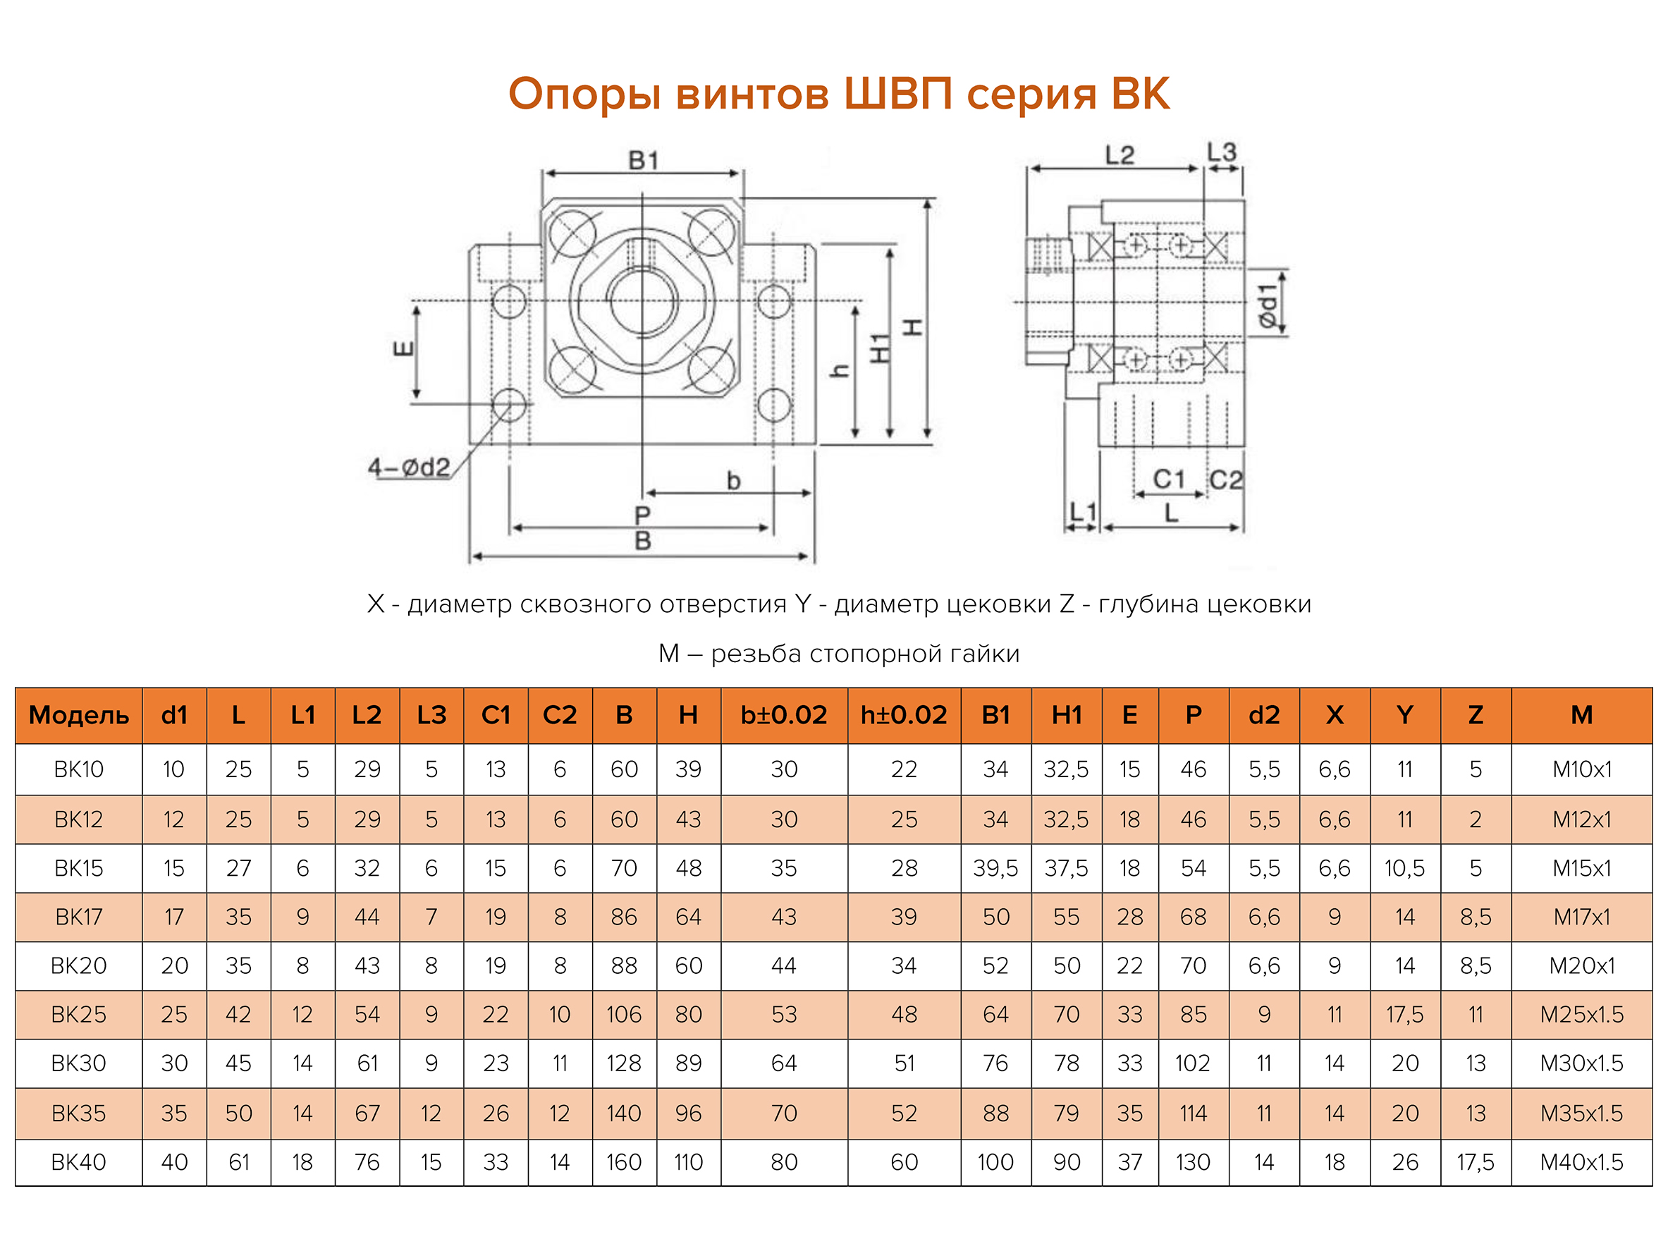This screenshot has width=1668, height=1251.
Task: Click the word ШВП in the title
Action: [897, 94]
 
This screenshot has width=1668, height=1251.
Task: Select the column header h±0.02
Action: [903, 715]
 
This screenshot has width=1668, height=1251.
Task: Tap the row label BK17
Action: [78, 917]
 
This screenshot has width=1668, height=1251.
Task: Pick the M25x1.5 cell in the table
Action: [1581, 1015]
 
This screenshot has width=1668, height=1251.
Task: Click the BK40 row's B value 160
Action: [624, 1162]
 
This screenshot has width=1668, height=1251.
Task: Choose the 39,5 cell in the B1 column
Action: [995, 869]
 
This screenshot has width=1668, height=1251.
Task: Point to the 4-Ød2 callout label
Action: [408, 468]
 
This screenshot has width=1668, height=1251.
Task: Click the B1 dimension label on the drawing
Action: [643, 160]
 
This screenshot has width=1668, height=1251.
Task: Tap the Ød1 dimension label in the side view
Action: [1269, 306]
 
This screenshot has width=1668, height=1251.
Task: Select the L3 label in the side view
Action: [1222, 152]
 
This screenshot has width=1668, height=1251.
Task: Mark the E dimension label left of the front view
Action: [404, 348]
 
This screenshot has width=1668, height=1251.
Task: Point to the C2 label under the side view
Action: [1225, 480]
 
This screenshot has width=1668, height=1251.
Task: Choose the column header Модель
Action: [78, 715]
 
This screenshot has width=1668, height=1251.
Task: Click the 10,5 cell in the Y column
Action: [1404, 869]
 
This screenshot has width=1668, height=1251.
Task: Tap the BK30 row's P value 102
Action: [1192, 1063]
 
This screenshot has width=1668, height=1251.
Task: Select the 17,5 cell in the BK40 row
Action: [1475, 1162]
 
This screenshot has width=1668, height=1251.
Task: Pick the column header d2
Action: [1264, 715]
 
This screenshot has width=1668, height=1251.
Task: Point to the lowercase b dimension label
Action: [733, 480]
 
